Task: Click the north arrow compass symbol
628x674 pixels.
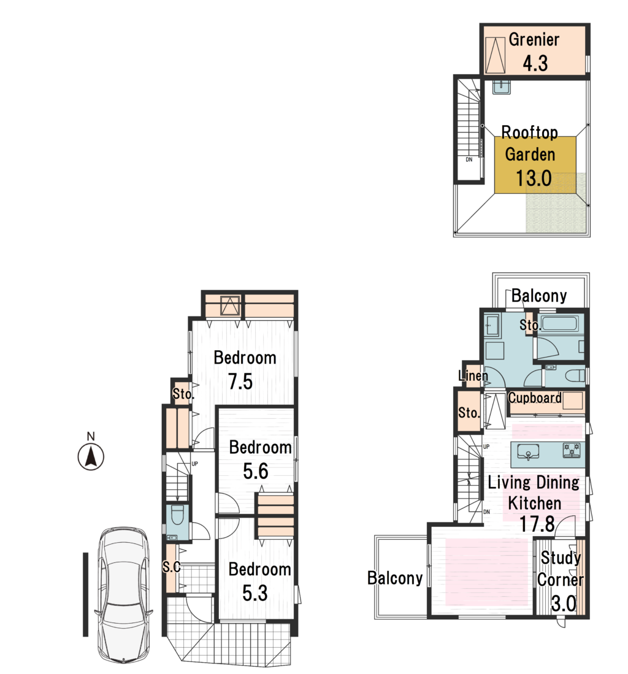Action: tap(91, 456)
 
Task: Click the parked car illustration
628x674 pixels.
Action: tap(123, 595)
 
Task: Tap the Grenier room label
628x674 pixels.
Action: tap(534, 39)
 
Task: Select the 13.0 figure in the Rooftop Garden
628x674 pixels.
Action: tap(534, 178)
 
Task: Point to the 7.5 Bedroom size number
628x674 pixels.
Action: tap(240, 381)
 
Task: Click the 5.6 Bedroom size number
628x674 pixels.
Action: tap(255, 471)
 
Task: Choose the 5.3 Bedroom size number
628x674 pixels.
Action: tap(255, 593)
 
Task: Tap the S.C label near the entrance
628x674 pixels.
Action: tap(171, 567)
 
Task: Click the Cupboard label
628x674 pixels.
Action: tap(535, 397)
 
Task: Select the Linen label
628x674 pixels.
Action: tap(473, 375)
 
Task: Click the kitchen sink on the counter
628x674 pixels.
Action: tap(528, 452)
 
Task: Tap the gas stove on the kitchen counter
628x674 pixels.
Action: tap(572, 451)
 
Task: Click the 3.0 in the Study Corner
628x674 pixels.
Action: tap(563, 603)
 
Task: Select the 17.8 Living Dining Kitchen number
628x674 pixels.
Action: tap(537, 524)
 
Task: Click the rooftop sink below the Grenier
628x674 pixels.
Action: tap(501, 87)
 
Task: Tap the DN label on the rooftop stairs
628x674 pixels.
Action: tap(469, 159)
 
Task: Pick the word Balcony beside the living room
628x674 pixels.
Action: tap(395, 578)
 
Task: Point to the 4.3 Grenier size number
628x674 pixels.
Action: tap(535, 63)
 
